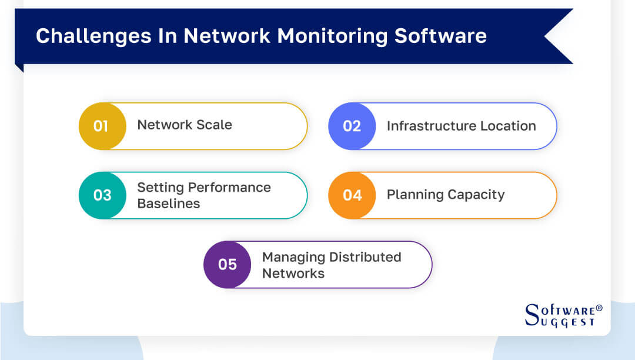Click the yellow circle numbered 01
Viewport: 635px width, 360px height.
coord(102,126)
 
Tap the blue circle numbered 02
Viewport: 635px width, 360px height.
coord(352,126)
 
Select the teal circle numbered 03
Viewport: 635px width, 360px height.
coord(102,195)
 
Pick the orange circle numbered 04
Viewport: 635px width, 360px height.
coord(352,195)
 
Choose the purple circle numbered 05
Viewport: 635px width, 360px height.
coord(227,264)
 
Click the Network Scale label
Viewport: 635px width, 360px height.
coord(185,125)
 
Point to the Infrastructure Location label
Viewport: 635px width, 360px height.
coord(461,126)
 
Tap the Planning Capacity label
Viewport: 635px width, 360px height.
coord(446,195)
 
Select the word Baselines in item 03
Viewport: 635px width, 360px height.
coord(169,204)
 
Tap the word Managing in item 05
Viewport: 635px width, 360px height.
coord(294,257)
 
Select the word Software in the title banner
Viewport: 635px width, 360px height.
coord(440,36)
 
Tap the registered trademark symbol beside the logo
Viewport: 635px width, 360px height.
coord(599,308)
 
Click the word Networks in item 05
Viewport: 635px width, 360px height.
coord(293,273)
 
